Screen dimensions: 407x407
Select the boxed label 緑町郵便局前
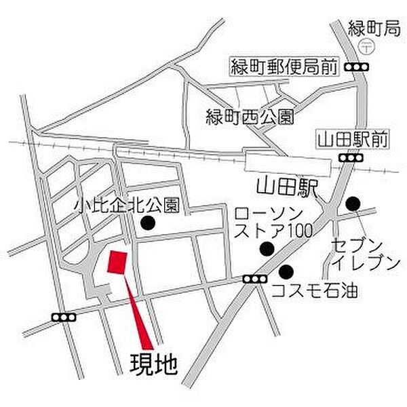point(282,67)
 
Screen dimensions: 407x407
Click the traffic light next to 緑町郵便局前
point(356,67)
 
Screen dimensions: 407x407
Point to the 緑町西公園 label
point(250,117)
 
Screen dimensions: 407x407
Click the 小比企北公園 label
point(126,204)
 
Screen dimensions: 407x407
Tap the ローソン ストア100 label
point(273,222)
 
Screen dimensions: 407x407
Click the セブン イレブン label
point(359,252)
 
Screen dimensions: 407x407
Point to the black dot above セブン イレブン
point(352,203)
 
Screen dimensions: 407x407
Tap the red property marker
point(117,264)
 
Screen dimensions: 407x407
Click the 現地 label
point(153,365)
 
